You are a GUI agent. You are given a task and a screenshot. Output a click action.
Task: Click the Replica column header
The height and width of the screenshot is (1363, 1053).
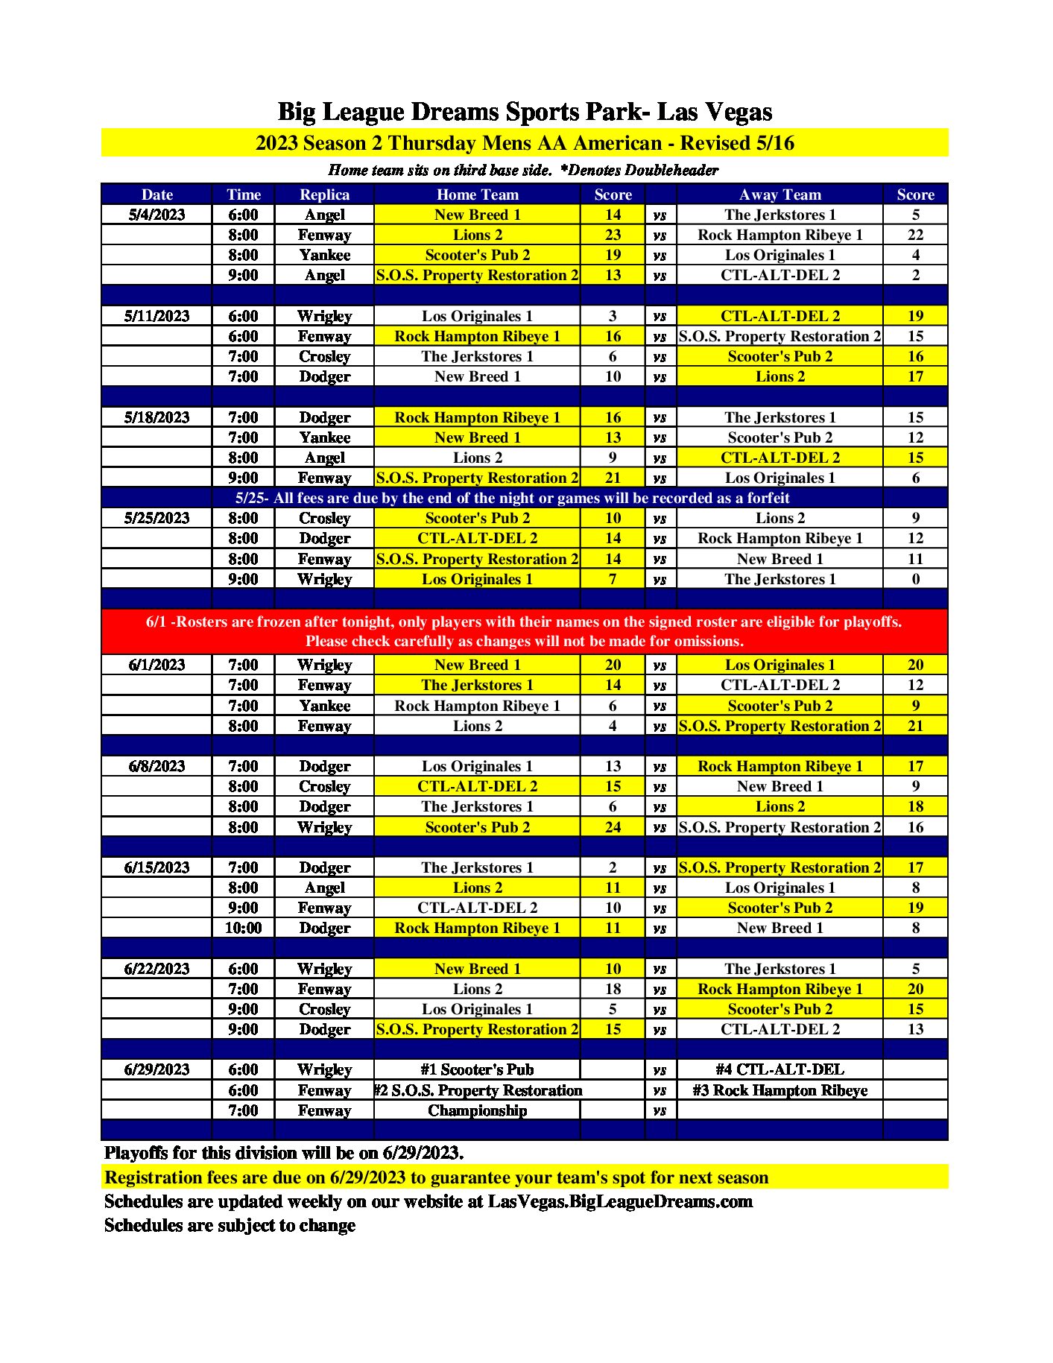tap(324, 195)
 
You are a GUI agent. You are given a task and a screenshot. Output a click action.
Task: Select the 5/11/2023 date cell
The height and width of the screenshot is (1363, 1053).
tap(156, 316)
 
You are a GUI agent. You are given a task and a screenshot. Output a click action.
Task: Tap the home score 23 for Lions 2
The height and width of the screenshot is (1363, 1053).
tap(613, 235)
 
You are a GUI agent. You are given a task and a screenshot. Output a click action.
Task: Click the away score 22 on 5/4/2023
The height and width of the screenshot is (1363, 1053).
tap(915, 235)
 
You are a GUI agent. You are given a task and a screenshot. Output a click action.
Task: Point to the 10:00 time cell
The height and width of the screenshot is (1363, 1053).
tap(243, 928)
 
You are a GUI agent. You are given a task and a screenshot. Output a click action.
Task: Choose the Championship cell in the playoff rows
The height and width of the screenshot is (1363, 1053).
tap(477, 1110)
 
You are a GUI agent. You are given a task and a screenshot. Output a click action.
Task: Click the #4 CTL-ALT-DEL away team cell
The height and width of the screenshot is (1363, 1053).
tap(780, 1069)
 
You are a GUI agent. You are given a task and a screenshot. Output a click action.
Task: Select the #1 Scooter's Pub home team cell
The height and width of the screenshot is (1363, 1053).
tap(477, 1069)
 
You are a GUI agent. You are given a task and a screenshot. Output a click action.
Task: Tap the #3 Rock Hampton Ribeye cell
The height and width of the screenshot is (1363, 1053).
tap(780, 1090)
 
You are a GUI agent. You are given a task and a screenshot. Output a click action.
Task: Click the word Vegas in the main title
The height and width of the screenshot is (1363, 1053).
tap(737, 112)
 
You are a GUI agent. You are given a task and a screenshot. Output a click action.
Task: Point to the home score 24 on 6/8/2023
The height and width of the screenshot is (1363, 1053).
tap(613, 827)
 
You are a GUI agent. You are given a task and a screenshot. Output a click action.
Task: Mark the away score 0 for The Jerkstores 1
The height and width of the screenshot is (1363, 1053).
tap(915, 579)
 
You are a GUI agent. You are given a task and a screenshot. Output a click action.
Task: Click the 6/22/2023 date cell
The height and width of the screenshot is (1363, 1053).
tap(156, 969)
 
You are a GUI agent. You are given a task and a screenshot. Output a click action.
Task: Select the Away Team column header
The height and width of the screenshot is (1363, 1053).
tap(780, 195)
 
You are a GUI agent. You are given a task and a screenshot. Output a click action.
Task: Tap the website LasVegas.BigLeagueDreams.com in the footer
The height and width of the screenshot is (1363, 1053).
tap(620, 1201)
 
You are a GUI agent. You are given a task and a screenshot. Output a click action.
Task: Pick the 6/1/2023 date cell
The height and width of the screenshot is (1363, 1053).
tap(156, 665)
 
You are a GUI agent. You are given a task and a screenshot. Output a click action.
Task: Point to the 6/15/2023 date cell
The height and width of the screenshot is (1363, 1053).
tap(156, 867)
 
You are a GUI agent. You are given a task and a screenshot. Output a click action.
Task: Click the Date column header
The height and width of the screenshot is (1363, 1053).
tap(156, 195)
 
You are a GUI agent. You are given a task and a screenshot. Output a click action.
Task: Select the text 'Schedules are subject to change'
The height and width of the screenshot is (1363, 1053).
tap(230, 1225)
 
